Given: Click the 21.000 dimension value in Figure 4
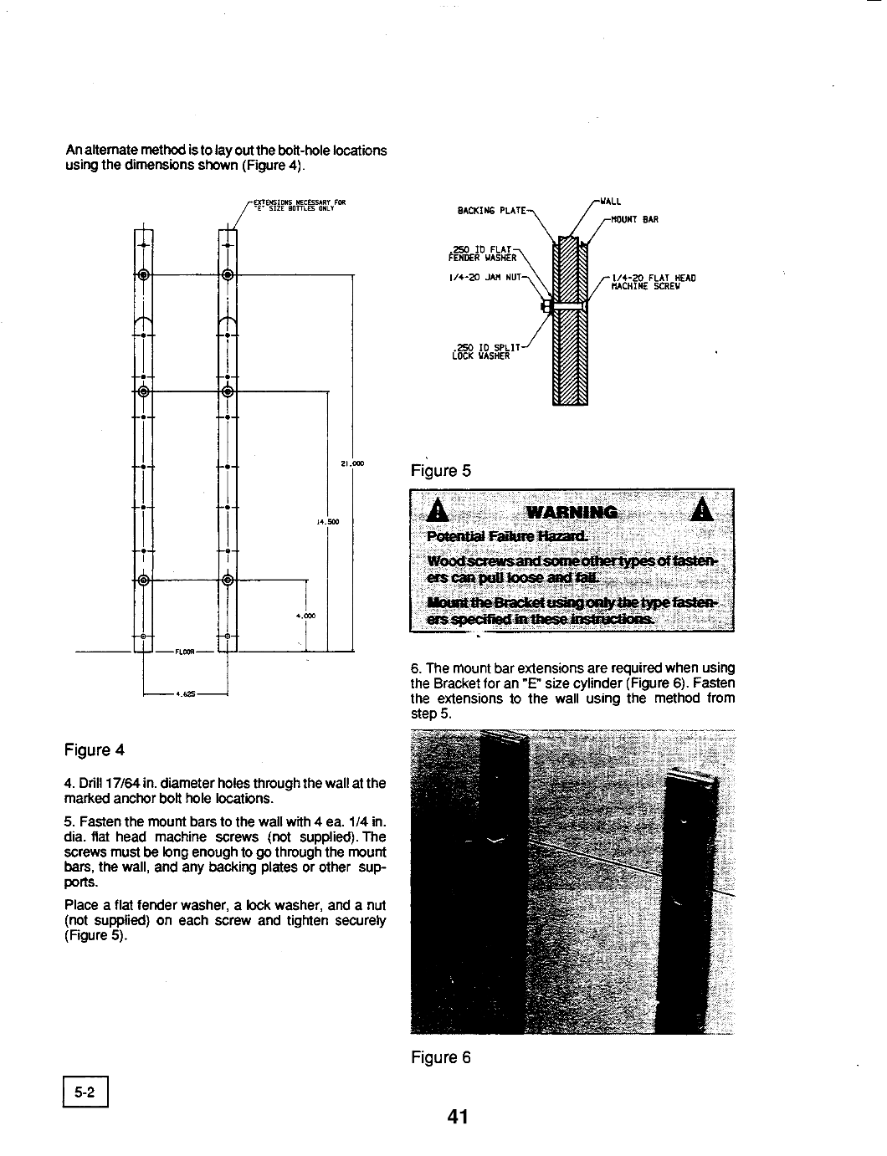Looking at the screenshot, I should tap(351, 463).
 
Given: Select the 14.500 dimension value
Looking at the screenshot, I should tap(326, 522).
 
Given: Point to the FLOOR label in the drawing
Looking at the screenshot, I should tap(183, 650).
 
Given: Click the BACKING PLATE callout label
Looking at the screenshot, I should tap(490, 210).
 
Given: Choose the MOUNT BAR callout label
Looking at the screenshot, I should tap(635, 219).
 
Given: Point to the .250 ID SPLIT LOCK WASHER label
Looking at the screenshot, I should tap(485, 350).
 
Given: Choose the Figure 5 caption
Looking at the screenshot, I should tap(441, 471).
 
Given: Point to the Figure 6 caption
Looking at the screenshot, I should tap(441, 1058).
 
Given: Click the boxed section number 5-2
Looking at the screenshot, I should tap(85, 1092).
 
